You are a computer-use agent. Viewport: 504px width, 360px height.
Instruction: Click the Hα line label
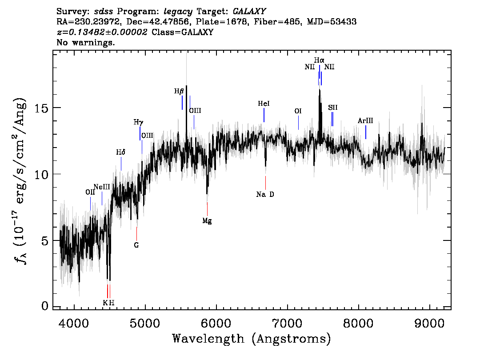click(x=319, y=60)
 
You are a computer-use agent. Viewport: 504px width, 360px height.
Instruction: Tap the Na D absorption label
click(x=265, y=194)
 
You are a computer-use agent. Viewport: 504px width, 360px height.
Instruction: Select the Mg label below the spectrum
click(x=207, y=220)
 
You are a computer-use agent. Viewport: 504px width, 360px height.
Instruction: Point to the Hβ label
click(x=179, y=91)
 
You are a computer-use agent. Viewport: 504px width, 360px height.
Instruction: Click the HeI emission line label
click(x=264, y=104)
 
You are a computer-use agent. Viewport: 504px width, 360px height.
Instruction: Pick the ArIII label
click(x=365, y=121)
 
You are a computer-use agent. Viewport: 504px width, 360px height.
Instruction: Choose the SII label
click(x=333, y=108)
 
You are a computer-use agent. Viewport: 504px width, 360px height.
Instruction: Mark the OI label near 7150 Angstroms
click(x=298, y=111)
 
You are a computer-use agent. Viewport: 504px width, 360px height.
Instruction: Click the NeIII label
click(x=102, y=187)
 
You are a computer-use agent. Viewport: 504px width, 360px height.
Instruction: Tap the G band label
click(x=136, y=245)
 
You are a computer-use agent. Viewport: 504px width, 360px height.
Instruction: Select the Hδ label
click(x=120, y=152)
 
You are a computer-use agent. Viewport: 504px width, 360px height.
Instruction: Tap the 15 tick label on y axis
click(x=43, y=108)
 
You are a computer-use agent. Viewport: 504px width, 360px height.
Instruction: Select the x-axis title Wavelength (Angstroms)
click(x=252, y=339)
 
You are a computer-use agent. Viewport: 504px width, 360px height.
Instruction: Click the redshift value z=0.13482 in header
click(x=102, y=32)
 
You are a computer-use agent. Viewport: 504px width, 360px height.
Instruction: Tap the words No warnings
click(x=86, y=43)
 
